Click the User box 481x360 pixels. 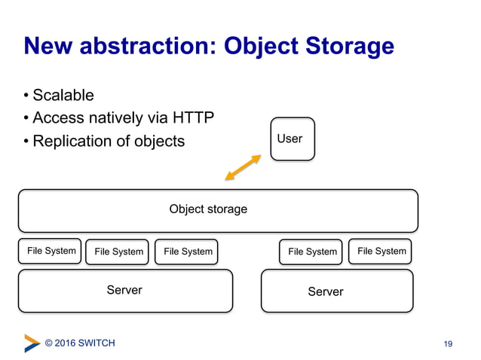click(x=292, y=139)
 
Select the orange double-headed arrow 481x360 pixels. click(x=243, y=167)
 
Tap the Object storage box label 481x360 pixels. click(x=208, y=209)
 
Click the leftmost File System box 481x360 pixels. click(x=51, y=251)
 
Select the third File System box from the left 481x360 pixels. click(x=187, y=252)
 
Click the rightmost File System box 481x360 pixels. click(x=381, y=251)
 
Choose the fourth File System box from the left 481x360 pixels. click(x=311, y=252)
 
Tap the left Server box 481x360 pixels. click(x=124, y=290)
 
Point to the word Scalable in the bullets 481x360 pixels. click(x=63, y=96)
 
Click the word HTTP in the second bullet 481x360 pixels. click(x=193, y=118)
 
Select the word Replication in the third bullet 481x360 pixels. click(x=72, y=142)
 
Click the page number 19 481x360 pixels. click(x=448, y=344)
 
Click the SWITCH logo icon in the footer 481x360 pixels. click(x=32, y=343)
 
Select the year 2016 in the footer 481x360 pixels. click(x=69, y=343)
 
